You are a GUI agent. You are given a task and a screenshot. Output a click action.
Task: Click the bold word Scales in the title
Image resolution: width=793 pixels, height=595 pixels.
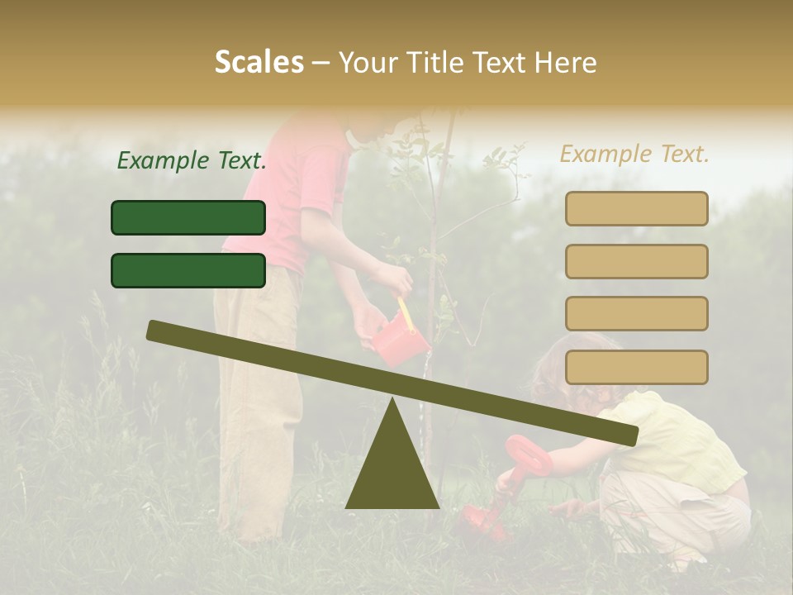pos(259,63)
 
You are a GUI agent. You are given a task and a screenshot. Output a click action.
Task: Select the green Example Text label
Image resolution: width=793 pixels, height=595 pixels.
pos(192,160)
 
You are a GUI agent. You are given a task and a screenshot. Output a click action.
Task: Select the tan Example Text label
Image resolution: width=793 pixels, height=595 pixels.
pos(634,154)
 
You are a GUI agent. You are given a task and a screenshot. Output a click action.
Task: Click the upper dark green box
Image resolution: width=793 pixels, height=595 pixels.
pos(188,218)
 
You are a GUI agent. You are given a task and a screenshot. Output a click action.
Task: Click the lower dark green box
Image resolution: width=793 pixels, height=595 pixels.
pos(188,270)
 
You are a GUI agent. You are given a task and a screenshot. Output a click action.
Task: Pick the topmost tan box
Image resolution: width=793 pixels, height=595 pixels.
pos(636,209)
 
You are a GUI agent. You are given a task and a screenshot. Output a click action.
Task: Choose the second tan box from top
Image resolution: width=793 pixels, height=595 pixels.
pos(636,261)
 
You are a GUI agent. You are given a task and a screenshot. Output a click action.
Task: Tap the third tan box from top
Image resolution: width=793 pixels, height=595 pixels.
pos(636,313)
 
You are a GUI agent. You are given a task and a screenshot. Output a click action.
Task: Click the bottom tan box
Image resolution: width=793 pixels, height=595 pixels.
pos(636,367)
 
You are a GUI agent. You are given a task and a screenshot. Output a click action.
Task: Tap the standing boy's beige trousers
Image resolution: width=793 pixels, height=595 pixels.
pos(256,397)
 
